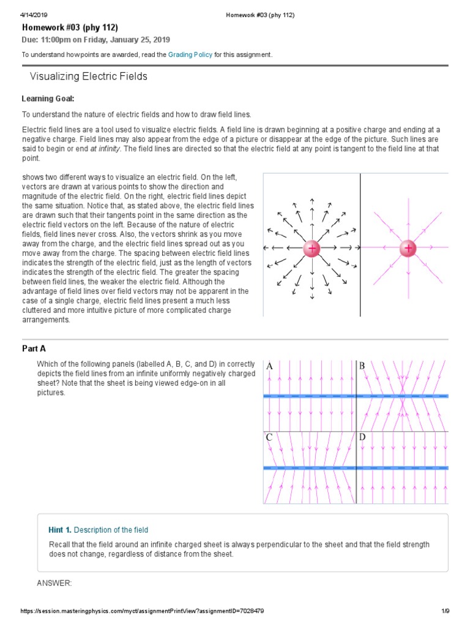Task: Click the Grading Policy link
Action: coord(190,54)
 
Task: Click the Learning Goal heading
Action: coord(48,99)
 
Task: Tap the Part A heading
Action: coord(34,348)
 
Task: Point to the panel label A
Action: coord(269,366)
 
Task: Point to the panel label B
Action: coord(362,366)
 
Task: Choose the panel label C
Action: coord(269,437)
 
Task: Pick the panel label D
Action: coord(362,437)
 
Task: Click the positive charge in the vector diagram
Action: coord(312,248)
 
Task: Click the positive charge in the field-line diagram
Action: coord(408,248)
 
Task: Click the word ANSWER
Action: coord(54,582)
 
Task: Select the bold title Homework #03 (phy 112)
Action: coord(70,28)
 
